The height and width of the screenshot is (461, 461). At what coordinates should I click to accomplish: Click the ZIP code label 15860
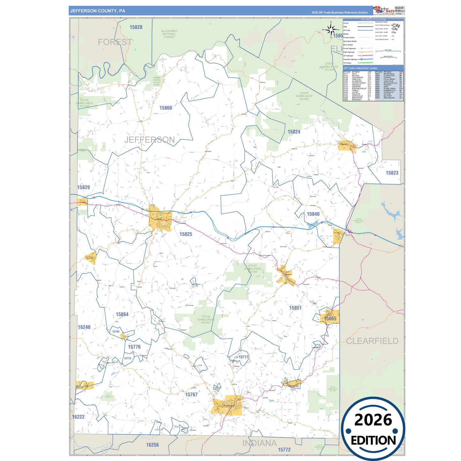[x=166, y=108]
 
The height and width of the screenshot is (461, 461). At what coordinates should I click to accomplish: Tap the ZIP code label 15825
[x=186, y=234]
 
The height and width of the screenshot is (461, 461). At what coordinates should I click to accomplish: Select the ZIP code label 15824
[x=294, y=132]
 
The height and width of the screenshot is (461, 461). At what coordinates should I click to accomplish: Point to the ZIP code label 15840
[x=313, y=214]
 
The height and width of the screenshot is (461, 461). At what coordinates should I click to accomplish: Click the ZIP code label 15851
[x=295, y=308]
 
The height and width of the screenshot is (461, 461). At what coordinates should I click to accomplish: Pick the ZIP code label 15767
[x=191, y=395]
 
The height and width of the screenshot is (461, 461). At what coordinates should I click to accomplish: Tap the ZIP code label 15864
[x=122, y=315]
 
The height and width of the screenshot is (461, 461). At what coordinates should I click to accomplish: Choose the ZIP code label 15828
[x=136, y=27]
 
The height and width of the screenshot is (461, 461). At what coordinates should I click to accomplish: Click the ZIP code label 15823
[x=392, y=173]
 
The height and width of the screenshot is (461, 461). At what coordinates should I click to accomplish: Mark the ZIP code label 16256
[x=152, y=445]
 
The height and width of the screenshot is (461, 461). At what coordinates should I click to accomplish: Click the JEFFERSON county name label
[x=150, y=140]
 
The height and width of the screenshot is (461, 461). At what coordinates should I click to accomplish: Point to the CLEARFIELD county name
[x=372, y=341]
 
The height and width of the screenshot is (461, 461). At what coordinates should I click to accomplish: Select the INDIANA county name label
[x=259, y=443]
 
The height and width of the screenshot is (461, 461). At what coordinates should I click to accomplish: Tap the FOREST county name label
[x=115, y=42]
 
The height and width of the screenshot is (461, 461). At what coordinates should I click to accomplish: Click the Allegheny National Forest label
[x=169, y=34]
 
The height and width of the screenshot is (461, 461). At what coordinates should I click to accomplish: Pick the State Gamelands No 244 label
[x=252, y=269]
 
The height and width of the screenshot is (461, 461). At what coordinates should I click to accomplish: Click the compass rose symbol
[x=331, y=30]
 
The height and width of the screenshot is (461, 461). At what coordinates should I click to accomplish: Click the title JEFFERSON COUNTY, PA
[x=98, y=11]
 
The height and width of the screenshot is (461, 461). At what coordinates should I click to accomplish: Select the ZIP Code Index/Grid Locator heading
[x=360, y=68]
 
